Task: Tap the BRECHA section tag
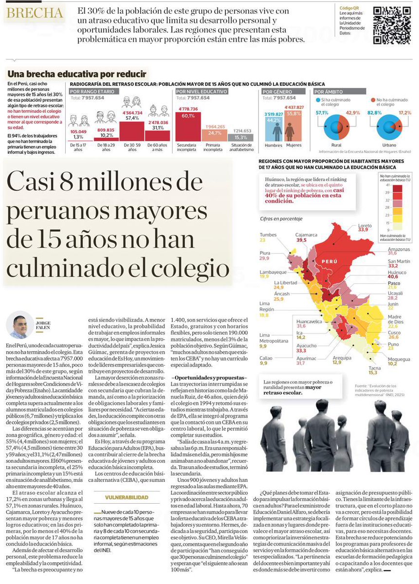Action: click(35, 13)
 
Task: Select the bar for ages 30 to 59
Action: click(132, 129)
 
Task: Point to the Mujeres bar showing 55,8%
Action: click(293, 127)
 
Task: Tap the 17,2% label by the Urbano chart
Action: click(404, 113)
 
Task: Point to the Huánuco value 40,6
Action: click(393, 276)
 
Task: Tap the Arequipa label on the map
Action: click(342, 357)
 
